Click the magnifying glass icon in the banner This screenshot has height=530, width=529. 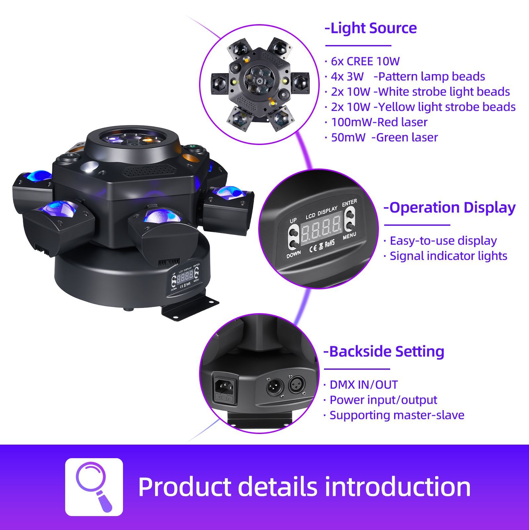[x=94, y=487]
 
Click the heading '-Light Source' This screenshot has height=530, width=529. [x=371, y=28]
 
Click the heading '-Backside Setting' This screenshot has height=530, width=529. [x=384, y=352]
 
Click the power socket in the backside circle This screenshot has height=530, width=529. [x=225, y=387]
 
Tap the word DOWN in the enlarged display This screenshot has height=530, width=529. [x=294, y=255]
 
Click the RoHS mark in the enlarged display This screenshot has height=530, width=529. [x=330, y=244]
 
